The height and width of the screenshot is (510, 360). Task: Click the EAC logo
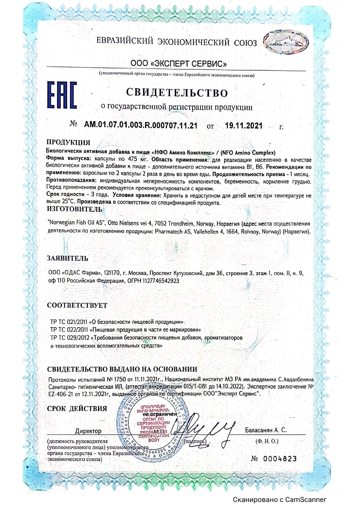pyautogui.click(x=62, y=95)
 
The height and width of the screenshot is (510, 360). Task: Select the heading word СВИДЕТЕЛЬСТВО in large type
pyautogui.click(x=177, y=92)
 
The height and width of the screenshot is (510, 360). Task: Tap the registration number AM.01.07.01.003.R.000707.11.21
pyautogui.click(x=141, y=126)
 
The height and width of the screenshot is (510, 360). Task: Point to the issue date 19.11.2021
pyautogui.click(x=244, y=126)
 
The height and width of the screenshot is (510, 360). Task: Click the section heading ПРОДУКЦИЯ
pyautogui.click(x=69, y=142)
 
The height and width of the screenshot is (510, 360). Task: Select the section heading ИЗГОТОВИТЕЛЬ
pyautogui.click(x=75, y=209)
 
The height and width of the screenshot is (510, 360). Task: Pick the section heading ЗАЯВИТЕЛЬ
pyautogui.click(x=68, y=258)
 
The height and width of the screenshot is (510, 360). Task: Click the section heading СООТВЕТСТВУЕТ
pyautogui.click(x=77, y=305)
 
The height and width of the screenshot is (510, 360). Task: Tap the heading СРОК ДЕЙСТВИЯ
pyautogui.click(x=77, y=408)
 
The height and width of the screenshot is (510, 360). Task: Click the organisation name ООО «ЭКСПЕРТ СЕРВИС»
pyautogui.click(x=179, y=63)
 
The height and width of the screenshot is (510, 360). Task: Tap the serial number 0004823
pyautogui.click(x=280, y=459)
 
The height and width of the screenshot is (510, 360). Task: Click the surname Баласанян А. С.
pyautogui.click(x=266, y=430)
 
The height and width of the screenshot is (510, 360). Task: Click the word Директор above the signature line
pyautogui.click(x=88, y=431)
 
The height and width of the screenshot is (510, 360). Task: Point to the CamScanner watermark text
pyautogui.click(x=280, y=500)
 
